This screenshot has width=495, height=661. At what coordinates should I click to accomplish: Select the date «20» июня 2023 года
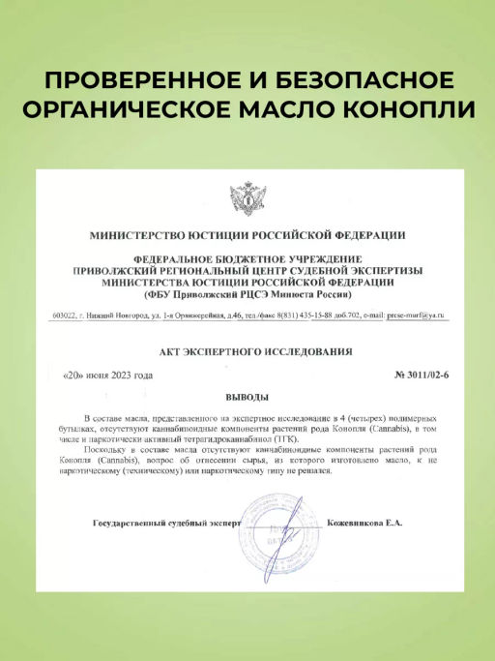coord(107,374)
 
